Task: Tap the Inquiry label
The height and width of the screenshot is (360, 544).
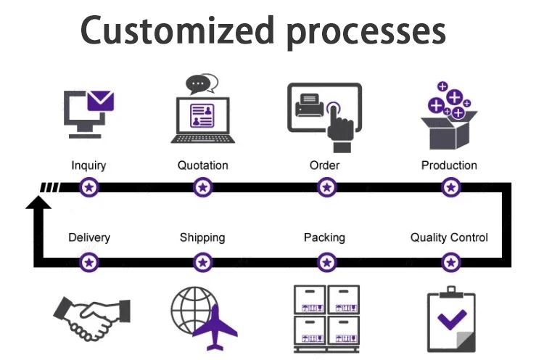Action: click(88, 165)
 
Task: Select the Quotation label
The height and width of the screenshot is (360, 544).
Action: click(203, 165)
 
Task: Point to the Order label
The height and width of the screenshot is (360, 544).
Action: click(324, 165)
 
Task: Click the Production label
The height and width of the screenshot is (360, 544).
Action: click(449, 165)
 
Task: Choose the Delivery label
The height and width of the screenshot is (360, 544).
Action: click(89, 237)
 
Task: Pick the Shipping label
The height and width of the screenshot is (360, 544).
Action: click(202, 237)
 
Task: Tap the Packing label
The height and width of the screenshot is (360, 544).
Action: click(324, 237)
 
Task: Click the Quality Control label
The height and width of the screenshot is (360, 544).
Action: click(449, 237)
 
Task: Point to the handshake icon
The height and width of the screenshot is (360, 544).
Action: click(91, 316)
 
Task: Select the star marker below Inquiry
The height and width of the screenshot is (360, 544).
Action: click(89, 188)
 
